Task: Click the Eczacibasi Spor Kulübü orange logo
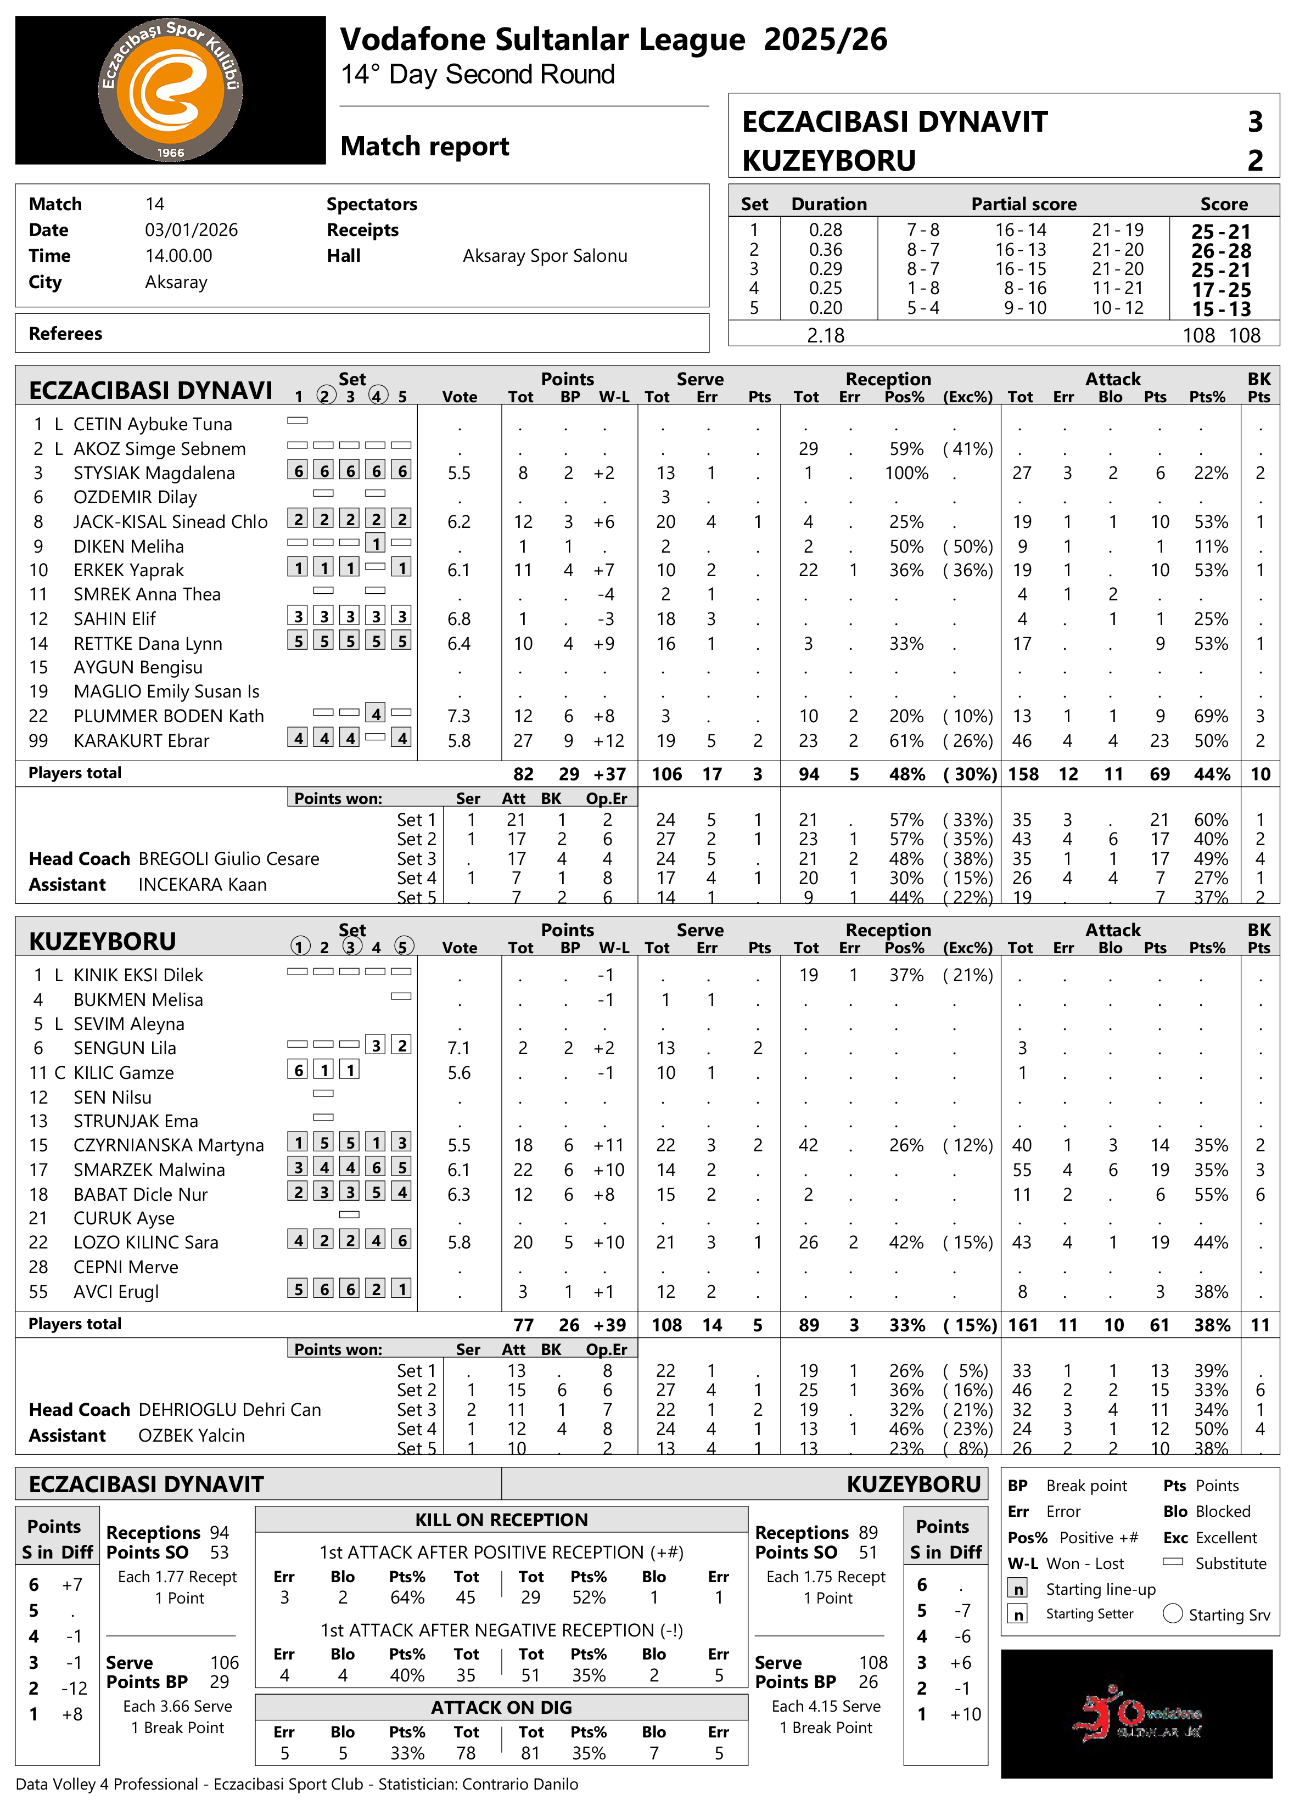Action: pyautogui.click(x=170, y=89)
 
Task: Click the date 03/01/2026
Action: pyautogui.click(x=191, y=230)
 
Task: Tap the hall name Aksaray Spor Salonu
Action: pyautogui.click(x=545, y=256)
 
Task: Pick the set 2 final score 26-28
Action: pyautogui.click(x=1220, y=251)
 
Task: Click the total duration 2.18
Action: pyautogui.click(x=826, y=336)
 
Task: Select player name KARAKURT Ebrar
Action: pyautogui.click(x=141, y=740)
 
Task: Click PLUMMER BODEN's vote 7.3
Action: pyautogui.click(x=459, y=716)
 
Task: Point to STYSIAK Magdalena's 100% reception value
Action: pyautogui.click(x=906, y=473)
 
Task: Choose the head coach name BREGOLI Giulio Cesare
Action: pyautogui.click(x=228, y=859)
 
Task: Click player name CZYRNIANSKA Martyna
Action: pyautogui.click(x=169, y=1145)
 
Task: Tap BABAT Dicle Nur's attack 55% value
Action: pyautogui.click(x=1211, y=1195)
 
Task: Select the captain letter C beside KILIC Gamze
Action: pyautogui.click(x=59, y=1073)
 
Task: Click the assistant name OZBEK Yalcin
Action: pyautogui.click(x=191, y=1436)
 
